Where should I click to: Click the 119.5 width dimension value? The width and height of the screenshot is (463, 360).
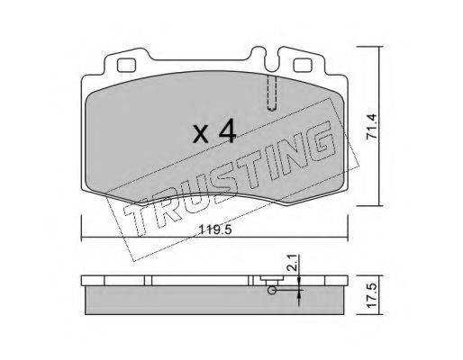(215, 230)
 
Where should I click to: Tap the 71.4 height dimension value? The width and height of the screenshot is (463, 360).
(372, 126)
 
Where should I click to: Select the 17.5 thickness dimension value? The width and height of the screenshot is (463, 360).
(372, 295)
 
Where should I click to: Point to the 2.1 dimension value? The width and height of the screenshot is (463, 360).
(294, 263)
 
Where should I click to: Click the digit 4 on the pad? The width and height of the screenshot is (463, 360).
(227, 130)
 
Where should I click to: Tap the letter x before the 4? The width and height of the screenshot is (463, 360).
(201, 134)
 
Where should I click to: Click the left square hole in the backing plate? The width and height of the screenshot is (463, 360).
(126, 66)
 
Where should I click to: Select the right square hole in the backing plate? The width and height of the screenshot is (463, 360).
(302, 66)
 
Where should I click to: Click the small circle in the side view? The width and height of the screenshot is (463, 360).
(272, 291)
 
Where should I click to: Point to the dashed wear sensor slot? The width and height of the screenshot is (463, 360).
(272, 93)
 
